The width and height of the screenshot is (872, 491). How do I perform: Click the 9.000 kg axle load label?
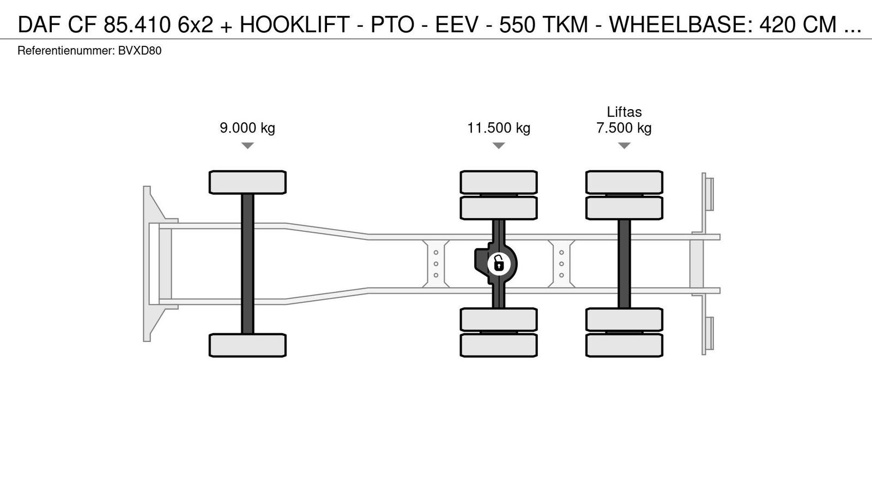point(247,128)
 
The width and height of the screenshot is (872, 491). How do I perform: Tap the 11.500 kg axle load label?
point(499,128)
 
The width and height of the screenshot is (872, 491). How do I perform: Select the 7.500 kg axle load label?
point(624,128)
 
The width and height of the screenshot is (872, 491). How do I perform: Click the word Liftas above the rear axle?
point(624,112)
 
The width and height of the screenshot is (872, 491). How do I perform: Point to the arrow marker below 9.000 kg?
point(247,145)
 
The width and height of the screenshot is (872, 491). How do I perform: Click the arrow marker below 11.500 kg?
point(499,145)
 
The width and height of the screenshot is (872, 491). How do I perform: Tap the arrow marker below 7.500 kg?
point(624,145)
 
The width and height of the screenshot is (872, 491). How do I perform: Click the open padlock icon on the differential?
point(499,264)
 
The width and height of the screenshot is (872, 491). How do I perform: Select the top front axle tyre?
point(247,182)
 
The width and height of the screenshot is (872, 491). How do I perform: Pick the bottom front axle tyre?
point(247,345)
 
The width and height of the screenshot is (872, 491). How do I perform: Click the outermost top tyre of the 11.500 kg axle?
point(499,182)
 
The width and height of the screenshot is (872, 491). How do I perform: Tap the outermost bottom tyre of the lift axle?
point(624,345)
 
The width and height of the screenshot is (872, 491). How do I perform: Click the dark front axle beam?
point(247,264)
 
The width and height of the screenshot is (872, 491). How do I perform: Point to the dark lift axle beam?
point(624,264)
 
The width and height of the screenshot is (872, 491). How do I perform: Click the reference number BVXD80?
point(140,51)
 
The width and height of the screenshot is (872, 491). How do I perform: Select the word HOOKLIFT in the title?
point(295,25)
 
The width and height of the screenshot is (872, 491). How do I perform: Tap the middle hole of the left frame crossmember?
point(436,264)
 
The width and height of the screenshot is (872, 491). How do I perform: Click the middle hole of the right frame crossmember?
point(561,264)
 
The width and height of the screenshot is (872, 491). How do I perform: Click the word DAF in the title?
point(40,25)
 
